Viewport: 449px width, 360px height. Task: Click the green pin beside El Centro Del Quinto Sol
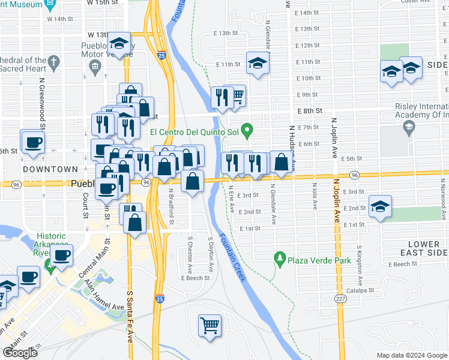tap(252, 129)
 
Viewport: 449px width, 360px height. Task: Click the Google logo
tap(20, 352)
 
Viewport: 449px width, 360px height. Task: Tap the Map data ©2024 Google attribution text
tap(412, 355)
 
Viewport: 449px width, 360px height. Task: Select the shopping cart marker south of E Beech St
tap(209, 326)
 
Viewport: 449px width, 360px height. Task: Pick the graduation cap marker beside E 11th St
tap(257, 64)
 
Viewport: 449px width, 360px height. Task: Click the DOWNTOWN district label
tap(50, 170)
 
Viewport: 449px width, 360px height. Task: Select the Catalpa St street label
tap(363, 290)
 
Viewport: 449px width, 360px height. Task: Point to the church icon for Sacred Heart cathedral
tap(53, 61)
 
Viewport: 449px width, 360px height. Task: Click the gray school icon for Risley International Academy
tap(408, 127)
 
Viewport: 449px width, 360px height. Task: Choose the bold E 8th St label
tap(310, 111)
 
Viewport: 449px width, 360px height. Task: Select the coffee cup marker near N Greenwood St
tap(32, 143)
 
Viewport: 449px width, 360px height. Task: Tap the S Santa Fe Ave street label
tap(130, 317)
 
